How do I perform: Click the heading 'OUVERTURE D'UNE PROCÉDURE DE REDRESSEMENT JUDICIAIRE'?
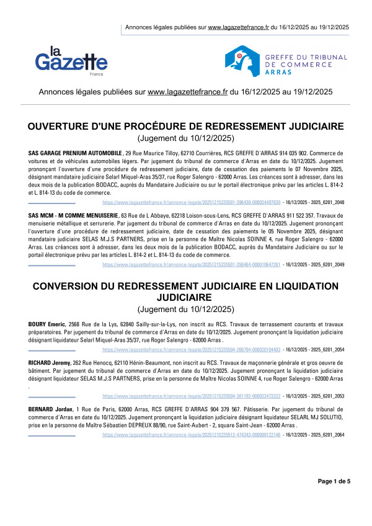(186, 127)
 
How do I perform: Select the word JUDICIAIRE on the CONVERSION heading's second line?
(186, 297)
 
